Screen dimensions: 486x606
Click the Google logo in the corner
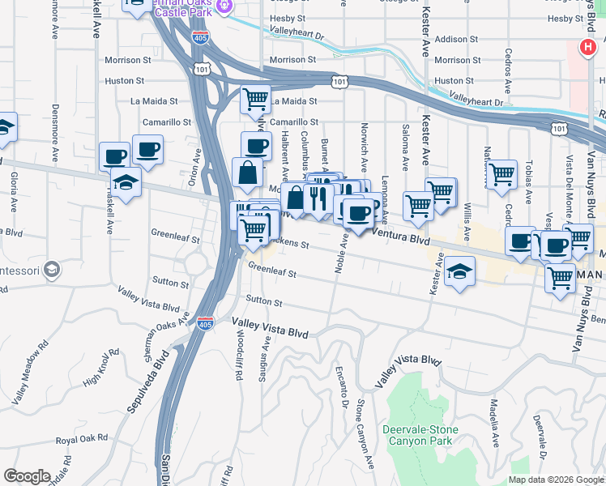point(27,476)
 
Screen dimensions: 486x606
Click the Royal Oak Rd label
point(82,438)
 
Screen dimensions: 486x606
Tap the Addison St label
point(451,39)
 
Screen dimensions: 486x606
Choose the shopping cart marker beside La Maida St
point(256,100)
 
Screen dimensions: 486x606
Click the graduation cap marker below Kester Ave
point(459,271)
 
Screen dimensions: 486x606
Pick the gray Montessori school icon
point(52,269)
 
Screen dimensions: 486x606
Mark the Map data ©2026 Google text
point(556,480)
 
